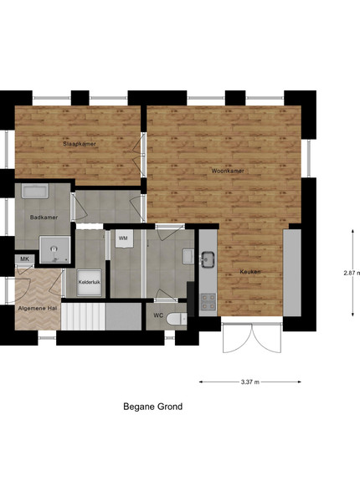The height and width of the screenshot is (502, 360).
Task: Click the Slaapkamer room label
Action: click(x=80, y=144)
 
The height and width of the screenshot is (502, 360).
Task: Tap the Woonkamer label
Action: click(x=228, y=171)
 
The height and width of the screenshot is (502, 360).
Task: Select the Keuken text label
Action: click(x=250, y=272)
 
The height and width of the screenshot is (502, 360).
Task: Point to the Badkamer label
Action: click(x=44, y=218)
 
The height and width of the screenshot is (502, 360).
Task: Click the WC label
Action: click(x=158, y=315)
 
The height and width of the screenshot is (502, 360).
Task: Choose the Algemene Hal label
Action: click(x=38, y=309)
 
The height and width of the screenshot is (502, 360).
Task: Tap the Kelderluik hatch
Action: click(x=90, y=283)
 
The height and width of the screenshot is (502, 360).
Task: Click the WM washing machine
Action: click(x=124, y=238)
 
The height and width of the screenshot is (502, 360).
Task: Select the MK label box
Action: click(x=24, y=259)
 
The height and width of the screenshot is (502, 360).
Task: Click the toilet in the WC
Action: click(x=177, y=319)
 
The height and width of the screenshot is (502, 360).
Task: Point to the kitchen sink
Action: click(x=208, y=259)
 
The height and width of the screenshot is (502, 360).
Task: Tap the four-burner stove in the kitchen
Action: click(x=208, y=302)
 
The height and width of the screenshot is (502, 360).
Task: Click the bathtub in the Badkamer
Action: click(x=35, y=191)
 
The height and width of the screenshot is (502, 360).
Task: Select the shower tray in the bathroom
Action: click(x=54, y=250)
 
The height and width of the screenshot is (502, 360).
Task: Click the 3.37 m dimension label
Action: click(x=250, y=382)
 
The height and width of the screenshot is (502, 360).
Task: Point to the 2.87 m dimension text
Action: click(x=352, y=273)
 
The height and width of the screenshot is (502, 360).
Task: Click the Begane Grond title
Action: click(x=152, y=407)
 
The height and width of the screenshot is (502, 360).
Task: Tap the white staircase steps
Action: click(x=83, y=316)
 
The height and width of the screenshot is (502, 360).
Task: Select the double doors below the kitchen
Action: click(x=252, y=338)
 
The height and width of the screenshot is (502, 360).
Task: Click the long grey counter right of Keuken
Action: click(x=292, y=273)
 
